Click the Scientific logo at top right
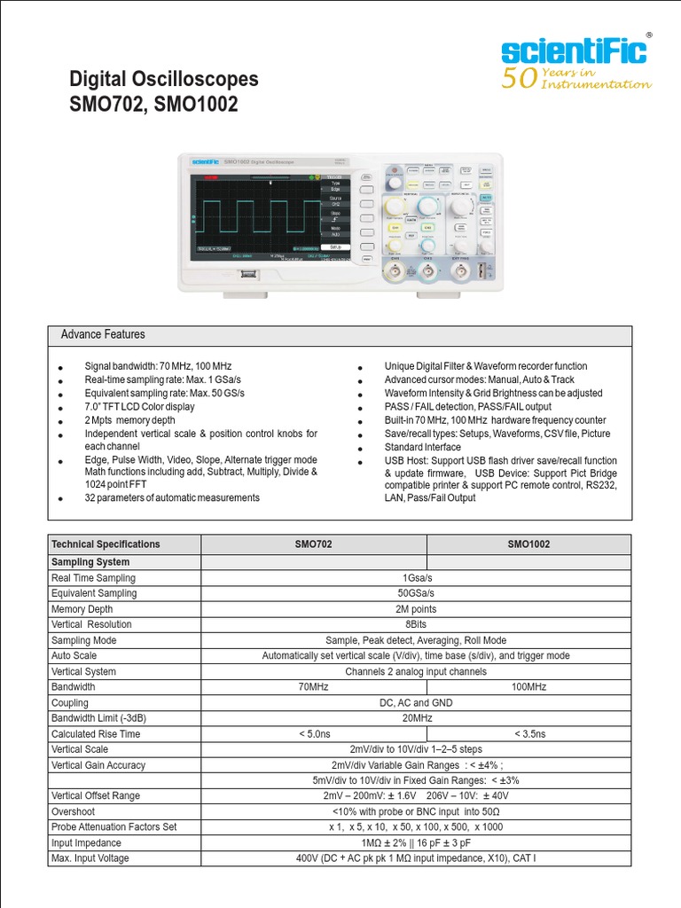coord(574,50)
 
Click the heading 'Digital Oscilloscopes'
coord(164,79)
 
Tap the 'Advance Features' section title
coord(102,335)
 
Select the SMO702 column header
coord(314,544)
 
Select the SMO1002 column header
coord(528,544)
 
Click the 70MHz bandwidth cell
coord(314,687)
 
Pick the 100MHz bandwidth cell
coord(528,687)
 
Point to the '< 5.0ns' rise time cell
coord(314,734)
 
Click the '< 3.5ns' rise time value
coord(529,734)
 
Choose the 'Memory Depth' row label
coord(82,609)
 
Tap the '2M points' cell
coord(417,609)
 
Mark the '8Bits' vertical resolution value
coord(417,625)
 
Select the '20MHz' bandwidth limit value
coord(417,718)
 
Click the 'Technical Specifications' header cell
coord(106,544)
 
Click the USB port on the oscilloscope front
coord(247,275)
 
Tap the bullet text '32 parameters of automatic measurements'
coord(172,498)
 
